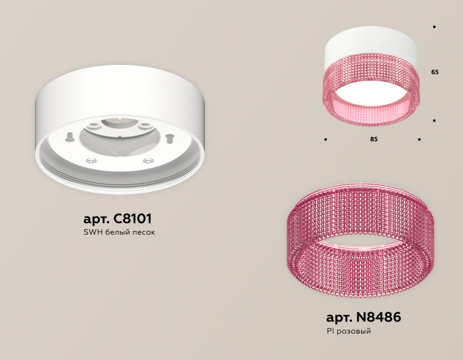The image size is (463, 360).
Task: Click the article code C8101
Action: coord(137,218)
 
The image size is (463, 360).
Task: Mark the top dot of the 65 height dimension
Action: coord(434,27)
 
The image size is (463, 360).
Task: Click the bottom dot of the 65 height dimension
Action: coord(434,120)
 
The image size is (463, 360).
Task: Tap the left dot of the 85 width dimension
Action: coord(325,140)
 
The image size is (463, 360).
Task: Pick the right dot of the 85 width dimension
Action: coord(419,140)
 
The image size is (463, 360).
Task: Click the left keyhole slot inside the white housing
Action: coord(68,136)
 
